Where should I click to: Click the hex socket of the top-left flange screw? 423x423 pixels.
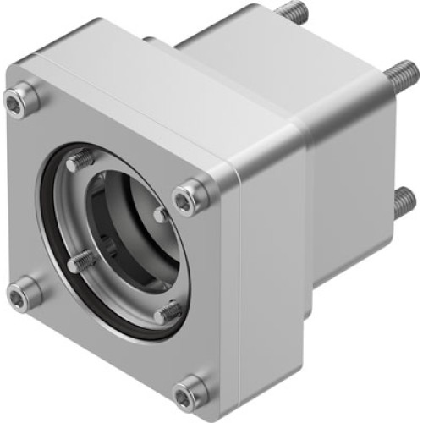coord(16,102)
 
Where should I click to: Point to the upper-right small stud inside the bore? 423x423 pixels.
coord(161,215)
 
